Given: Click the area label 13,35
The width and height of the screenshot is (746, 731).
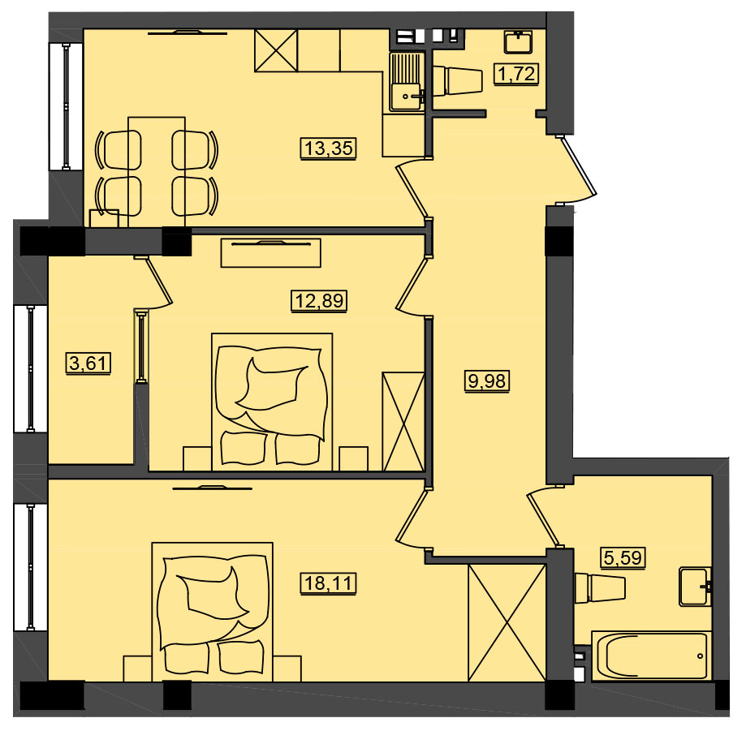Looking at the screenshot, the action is pyautogui.click(x=328, y=148).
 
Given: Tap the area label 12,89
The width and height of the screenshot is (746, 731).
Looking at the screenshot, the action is pyautogui.click(x=319, y=300).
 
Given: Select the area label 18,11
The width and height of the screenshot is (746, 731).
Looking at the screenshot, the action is pyautogui.click(x=328, y=583).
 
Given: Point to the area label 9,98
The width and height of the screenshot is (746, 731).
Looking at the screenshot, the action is pyautogui.click(x=487, y=381).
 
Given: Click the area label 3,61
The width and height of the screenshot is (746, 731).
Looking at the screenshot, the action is pyautogui.click(x=88, y=363).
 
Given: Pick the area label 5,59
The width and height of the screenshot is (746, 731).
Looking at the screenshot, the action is pyautogui.click(x=623, y=557).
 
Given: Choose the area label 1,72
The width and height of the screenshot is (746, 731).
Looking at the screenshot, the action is pyautogui.click(x=516, y=74).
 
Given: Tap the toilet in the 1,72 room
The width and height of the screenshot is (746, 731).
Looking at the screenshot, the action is pyautogui.click(x=458, y=80).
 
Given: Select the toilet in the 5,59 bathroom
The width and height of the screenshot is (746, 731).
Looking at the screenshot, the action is pyautogui.click(x=599, y=588).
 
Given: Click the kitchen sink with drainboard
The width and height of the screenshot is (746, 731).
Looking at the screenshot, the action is pyautogui.click(x=407, y=82).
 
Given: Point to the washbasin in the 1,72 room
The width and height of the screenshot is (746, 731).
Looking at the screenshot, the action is pyautogui.click(x=518, y=42).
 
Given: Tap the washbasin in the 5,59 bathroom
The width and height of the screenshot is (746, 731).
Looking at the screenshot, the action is pyautogui.click(x=696, y=587).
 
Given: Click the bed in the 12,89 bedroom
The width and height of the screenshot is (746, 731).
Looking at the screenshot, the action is pyautogui.click(x=272, y=402).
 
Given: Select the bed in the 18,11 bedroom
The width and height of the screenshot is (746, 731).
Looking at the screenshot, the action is pyautogui.click(x=212, y=612).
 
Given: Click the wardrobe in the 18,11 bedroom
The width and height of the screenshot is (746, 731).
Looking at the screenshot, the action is pyautogui.click(x=507, y=622).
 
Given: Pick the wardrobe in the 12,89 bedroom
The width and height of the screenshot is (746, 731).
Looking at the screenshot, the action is pyautogui.click(x=403, y=421).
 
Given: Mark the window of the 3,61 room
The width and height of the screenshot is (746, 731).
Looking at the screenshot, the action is pyautogui.click(x=31, y=368).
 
